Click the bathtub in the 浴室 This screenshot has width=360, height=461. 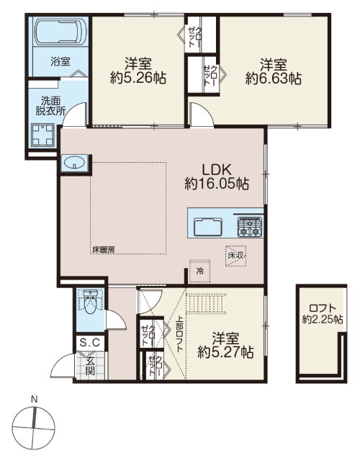(60, 32)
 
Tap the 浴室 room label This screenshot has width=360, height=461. (60, 62)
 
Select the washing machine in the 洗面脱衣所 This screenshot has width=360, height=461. (43, 135)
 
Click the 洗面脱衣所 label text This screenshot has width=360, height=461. (50, 106)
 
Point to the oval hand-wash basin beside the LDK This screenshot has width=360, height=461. (73, 164)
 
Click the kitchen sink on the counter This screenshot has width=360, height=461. (208, 227)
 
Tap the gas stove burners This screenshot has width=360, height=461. (250, 227)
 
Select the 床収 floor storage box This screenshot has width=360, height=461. (235, 256)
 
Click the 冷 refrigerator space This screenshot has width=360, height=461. (200, 271)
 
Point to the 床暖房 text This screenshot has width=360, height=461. (103, 250)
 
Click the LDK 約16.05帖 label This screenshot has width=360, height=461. (217, 176)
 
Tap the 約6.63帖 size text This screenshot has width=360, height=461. (274, 79)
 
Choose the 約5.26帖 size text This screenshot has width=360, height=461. (138, 79)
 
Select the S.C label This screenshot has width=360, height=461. (90, 343)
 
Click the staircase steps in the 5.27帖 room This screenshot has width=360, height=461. (207, 303)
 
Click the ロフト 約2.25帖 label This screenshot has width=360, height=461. (323, 314)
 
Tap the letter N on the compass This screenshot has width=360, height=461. (35, 400)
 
